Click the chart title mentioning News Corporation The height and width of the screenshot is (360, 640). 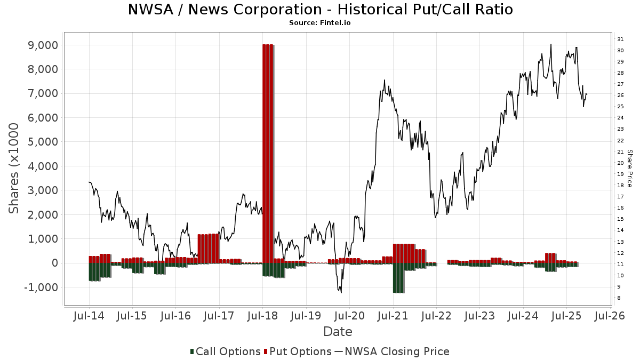[x=320, y=10]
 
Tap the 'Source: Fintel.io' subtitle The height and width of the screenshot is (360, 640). [x=320, y=23]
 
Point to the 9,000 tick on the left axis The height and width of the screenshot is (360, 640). [x=42, y=45]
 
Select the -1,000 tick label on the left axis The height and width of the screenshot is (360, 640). [x=40, y=287]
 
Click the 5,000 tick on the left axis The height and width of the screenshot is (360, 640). [x=42, y=142]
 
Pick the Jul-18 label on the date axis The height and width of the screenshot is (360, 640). [x=262, y=316]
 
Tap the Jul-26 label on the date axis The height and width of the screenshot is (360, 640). [x=609, y=316]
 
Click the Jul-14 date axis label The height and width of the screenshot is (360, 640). [x=89, y=316]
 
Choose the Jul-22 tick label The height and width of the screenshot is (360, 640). [x=436, y=316]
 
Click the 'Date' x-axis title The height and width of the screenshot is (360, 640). [x=338, y=332]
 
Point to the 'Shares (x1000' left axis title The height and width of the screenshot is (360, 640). [x=14, y=168]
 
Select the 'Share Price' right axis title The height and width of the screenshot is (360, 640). [x=630, y=168]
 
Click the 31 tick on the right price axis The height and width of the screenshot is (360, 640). [x=620, y=39]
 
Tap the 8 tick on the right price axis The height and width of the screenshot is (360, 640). [x=619, y=298]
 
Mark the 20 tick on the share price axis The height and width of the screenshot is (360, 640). [x=620, y=163]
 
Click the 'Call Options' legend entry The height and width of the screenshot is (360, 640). [x=225, y=351]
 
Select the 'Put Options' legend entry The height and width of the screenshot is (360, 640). [x=298, y=351]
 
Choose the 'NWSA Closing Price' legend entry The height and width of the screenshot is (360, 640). [x=392, y=351]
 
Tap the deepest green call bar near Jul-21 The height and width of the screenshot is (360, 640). [x=398, y=278]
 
